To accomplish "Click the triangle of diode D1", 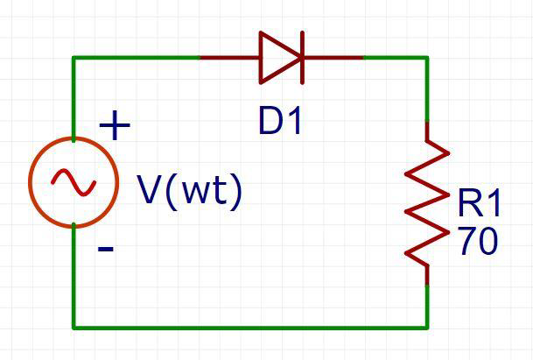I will click(279, 58).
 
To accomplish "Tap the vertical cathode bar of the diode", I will click(303, 58).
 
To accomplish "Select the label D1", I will click(280, 121).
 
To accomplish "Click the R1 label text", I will click(479, 204).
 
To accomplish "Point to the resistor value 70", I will click(477, 241).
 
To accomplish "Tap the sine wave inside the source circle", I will click(74, 181).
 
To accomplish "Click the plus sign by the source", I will click(115, 126).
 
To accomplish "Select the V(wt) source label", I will click(189, 190).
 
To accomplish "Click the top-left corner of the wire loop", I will click(74, 58).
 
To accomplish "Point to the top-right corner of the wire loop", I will click(427, 58).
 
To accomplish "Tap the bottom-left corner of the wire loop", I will click(74, 327).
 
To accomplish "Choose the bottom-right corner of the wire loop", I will click(427, 327).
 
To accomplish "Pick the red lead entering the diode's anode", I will click(229, 58).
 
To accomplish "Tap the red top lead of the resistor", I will click(427, 133).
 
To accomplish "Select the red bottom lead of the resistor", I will click(427, 273).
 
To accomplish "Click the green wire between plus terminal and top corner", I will click(74, 96).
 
